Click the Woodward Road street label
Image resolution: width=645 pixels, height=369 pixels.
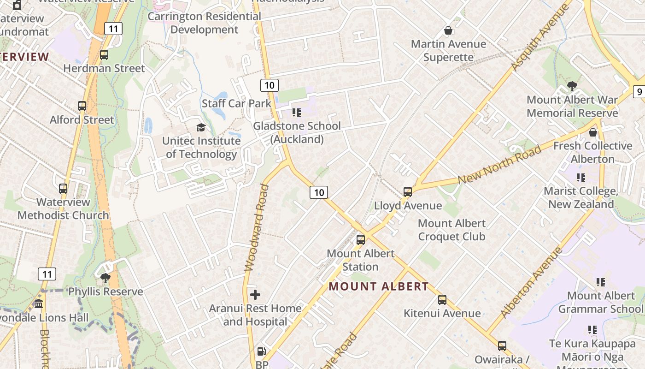[x=257, y=227]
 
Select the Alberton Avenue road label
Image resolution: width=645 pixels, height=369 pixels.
[x=532, y=283]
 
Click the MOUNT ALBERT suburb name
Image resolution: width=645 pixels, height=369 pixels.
[x=378, y=286]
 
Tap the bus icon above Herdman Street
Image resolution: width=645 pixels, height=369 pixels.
[x=104, y=55]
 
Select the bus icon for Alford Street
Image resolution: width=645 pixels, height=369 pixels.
[x=82, y=106]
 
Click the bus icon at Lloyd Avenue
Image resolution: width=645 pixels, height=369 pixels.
[x=407, y=192]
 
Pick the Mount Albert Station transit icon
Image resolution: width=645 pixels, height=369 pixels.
[x=361, y=240]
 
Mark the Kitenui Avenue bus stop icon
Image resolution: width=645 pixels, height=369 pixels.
[x=442, y=300]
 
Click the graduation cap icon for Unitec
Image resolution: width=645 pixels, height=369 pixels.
[x=201, y=127]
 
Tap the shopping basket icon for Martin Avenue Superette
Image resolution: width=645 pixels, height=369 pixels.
[x=448, y=30]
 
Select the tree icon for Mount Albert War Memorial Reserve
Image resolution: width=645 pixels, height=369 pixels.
[x=572, y=86]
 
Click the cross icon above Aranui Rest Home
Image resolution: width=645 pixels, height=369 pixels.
[x=255, y=295]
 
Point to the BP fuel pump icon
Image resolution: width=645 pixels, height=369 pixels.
[x=261, y=351]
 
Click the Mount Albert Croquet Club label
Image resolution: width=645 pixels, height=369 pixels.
[x=451, y=230]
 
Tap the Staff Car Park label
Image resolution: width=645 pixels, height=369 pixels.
[x=237, y=103]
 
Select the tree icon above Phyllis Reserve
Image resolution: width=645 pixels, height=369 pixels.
[x=106, y=278]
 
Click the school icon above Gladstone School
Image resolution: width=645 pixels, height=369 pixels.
[x=297, y=112]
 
